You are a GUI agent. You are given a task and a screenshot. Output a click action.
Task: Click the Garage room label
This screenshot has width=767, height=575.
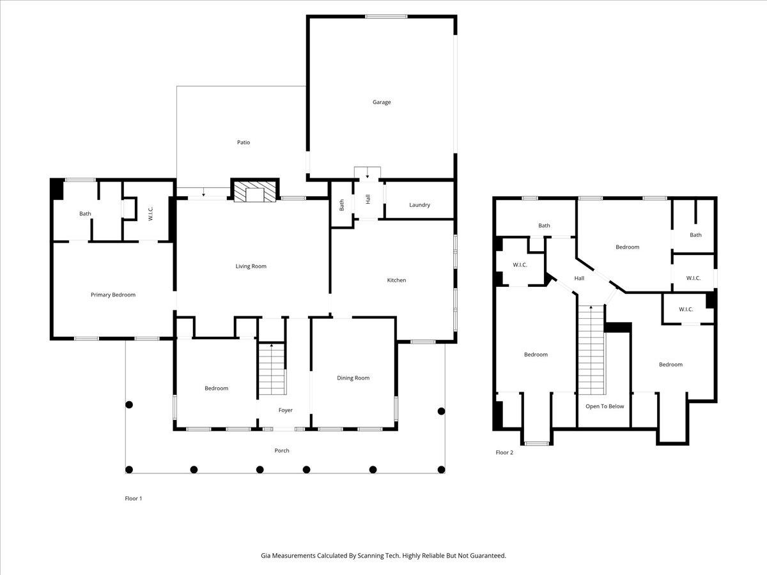382,102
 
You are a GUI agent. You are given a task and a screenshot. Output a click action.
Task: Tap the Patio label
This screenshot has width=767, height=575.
243,142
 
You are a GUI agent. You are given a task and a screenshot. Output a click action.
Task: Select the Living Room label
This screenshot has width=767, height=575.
251,266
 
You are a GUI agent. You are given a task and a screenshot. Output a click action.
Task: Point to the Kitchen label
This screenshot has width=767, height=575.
396,280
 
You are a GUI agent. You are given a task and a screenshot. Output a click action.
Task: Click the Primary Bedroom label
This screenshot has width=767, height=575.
113,295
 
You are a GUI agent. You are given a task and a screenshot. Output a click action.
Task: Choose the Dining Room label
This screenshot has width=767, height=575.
353,378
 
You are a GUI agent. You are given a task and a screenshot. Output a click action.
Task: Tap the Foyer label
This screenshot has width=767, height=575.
285,410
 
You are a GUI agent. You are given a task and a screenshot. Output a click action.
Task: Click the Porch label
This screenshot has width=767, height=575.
282,450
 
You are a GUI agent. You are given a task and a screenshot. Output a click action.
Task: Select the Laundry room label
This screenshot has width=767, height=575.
419,205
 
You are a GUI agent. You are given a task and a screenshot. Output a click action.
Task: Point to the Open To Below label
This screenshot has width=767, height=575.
605,406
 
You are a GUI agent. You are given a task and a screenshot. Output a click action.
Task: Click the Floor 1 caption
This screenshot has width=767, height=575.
133,498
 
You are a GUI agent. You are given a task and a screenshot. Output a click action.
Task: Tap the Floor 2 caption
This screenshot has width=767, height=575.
504,453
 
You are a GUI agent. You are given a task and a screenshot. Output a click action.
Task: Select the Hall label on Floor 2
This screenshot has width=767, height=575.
579,279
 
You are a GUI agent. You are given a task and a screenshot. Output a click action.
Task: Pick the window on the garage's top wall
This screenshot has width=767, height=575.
386,17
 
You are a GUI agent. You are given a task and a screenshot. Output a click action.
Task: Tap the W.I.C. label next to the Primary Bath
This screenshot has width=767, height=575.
150,213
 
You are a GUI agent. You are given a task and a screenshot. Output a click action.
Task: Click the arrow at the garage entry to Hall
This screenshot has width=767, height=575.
368,175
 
